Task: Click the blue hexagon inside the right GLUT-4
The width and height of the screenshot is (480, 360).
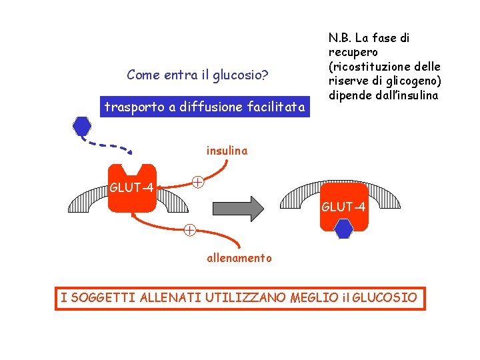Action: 343,229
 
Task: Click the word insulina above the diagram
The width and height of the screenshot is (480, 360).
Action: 227,151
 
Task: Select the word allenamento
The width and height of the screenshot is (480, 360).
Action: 239,258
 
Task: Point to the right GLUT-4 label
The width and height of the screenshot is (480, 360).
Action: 343,207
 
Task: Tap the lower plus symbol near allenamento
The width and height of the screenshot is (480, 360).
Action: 190,231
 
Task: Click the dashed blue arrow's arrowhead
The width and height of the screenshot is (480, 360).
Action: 129,149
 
